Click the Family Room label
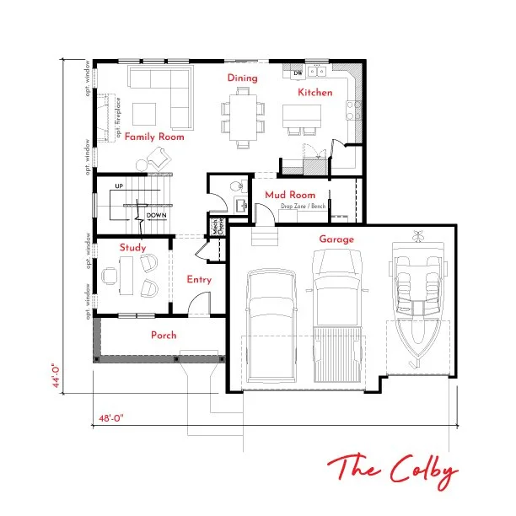pos(154,137)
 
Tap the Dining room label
pos(242,78)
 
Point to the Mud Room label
pos(289,195)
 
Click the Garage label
pos(336,239)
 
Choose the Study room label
pos(132,248)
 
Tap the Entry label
pos(199,280)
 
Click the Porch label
pos(164,336)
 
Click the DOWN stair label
pos(156,216)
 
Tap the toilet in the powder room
pos(239,188)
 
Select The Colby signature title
pos(393,470)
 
